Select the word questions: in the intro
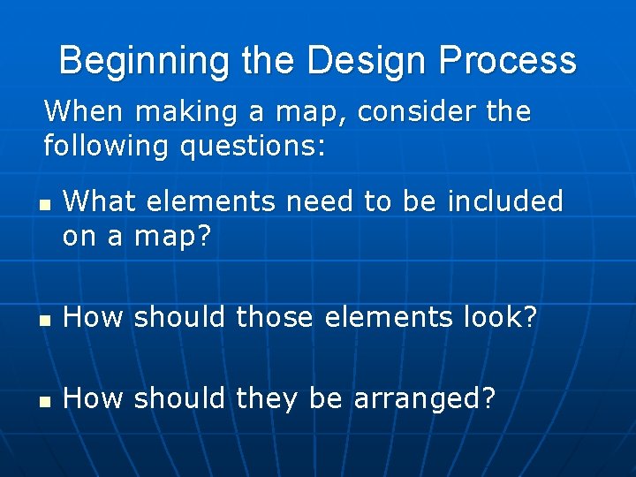[x=254, y=145]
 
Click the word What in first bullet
[x=100, y=201]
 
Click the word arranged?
[x=424, y=400]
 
